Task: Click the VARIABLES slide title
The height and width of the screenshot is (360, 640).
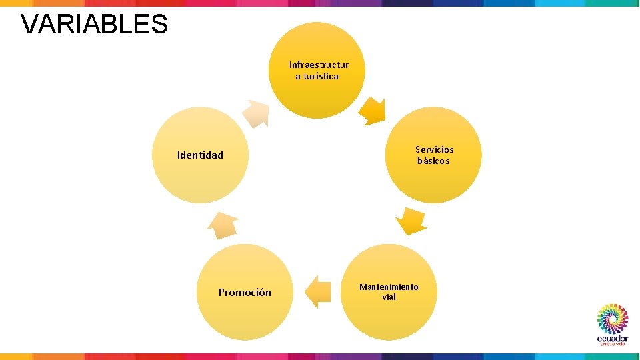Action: click(94, 24)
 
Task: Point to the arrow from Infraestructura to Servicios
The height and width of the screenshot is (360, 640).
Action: click(372, 111)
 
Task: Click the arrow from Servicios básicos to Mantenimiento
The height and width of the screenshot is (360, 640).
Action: click(411, 221)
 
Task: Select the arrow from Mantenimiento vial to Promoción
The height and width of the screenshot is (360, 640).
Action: click(319, 291)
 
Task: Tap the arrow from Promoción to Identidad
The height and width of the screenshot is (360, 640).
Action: click(223, 226)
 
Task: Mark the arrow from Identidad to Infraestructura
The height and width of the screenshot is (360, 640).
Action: click(255, 113)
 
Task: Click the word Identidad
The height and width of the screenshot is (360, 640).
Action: click(200, 155)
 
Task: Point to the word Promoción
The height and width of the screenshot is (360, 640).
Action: click(245, 292)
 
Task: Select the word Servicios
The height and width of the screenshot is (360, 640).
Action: click(434, 149)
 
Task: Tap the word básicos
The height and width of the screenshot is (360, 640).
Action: click(433, 161)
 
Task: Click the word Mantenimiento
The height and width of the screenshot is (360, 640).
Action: click(389, 287)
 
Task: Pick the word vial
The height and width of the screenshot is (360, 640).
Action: click(389, 297)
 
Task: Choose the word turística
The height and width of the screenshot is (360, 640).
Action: click(321, 76)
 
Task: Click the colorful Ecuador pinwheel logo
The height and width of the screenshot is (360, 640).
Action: click(612, 319)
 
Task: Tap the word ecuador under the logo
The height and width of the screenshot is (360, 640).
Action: click(612, 338)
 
